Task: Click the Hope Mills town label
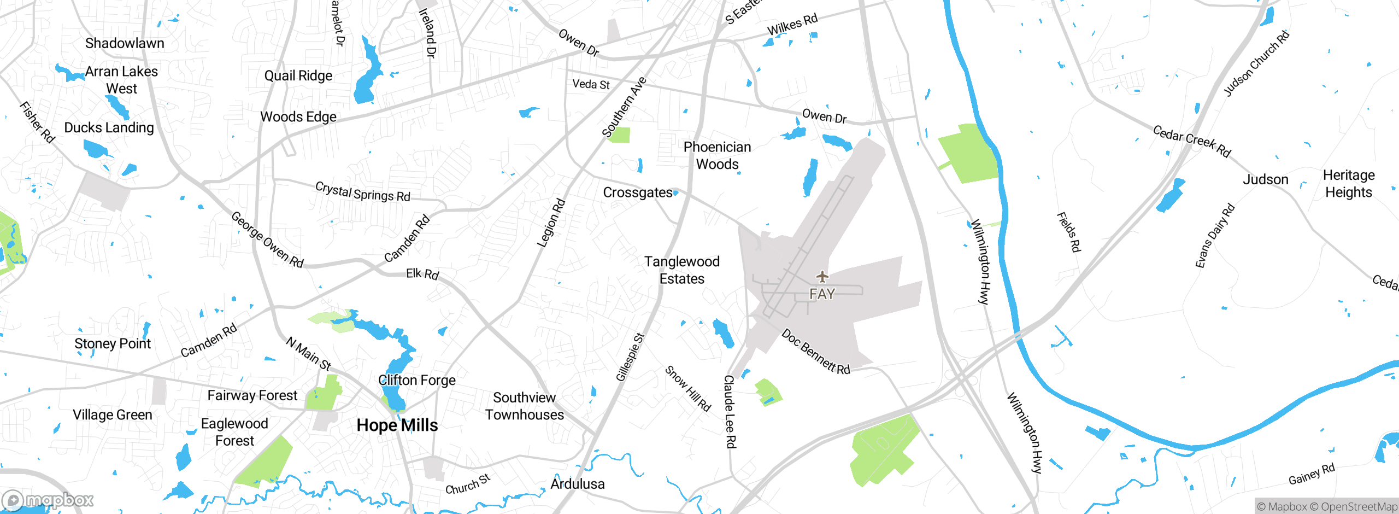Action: click(x=397, y=425)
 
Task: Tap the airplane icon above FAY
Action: click(x=822, y=277)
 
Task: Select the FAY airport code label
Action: click(x=822, y=294)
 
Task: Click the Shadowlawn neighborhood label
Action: click(x=125, y=43)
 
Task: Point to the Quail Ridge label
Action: click(x=298, y=75)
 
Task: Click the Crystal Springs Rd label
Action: click(x=362, y=192)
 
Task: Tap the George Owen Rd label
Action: click(x=267, y=240)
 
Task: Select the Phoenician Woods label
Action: click(x=717, y=155)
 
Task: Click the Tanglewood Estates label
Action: click(x=681, y=270)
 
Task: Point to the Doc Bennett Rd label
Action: click(x=815, y=352)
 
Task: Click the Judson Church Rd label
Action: click(x=1256, y=64)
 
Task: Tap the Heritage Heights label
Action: click(x=1348, y=184)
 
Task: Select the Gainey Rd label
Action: click(x=1311, y=474)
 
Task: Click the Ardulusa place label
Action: click(x=577, y=484)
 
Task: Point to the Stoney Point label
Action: click(x=112, y=343)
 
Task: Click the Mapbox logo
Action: click(x=48, y=500)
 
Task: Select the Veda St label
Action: click(x=591, y=84)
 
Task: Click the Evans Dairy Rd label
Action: click(x=1214, y=236)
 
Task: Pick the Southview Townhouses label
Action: click(x=524, y=406)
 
